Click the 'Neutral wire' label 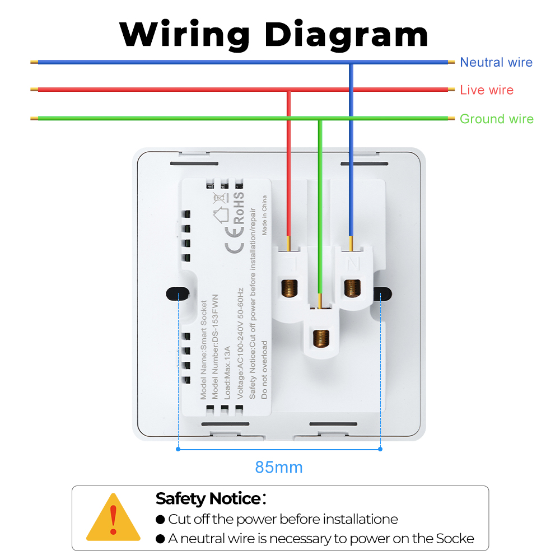[496, 62]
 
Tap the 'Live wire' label [486, 90]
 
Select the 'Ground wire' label [496, 119]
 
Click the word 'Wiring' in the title [184, 34]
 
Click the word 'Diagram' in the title [346, 34]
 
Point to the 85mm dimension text [279, 467]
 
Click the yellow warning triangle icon [114, 518]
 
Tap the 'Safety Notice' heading [208, 498]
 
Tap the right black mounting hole [382, 293]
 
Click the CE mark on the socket [234, 247]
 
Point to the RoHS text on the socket [238, 209]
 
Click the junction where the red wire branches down [289, 90]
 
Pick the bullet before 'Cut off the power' [161, 520]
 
